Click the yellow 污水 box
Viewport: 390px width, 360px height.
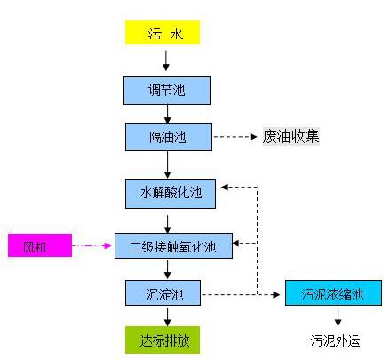pyautogui.click(x=162, y=33)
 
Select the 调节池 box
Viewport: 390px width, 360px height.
pyautogui.click(x=166, y=90)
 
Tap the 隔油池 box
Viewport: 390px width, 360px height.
pyautogui.click(x=166, y=136)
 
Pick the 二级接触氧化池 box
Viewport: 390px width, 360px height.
pyautogui.click(x=173, y=244)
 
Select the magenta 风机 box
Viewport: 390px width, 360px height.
pyautogui.click(x=39, y=244)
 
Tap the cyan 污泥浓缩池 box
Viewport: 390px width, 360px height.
pyautogui.click(x=333, y=292)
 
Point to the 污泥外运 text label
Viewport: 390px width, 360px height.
pyautogui.click(x=337, y=340)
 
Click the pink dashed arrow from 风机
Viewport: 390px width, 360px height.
pyautogui.click(x=92, y=244)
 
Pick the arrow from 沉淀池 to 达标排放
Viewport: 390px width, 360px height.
pyautogui.click(x=166, y=316)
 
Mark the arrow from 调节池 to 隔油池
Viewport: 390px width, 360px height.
pyautogui.click(x=166, y=113)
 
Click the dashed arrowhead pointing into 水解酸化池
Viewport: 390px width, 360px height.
pyautogui.click(x=226, y=187)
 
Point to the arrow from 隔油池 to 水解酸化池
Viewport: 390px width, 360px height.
pyautogui.click(x=166, y=164)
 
